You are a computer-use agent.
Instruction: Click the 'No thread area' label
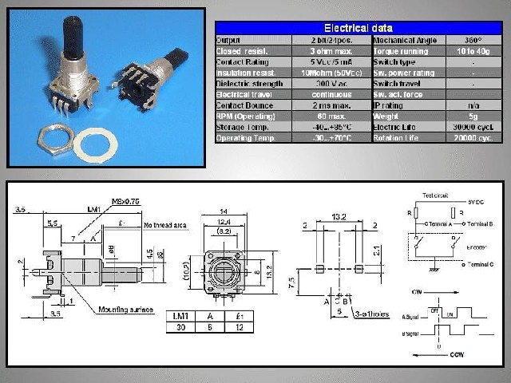[x=165, y=226]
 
